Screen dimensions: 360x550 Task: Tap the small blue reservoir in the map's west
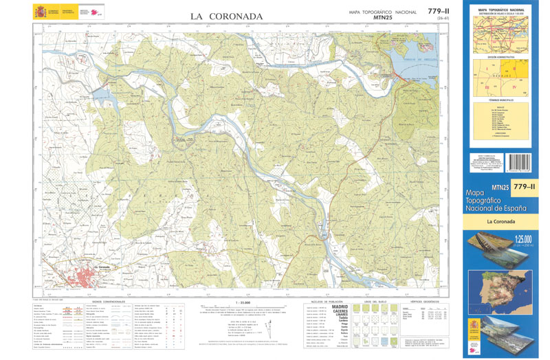(101, 92)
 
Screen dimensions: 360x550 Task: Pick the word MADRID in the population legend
(340, 307)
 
